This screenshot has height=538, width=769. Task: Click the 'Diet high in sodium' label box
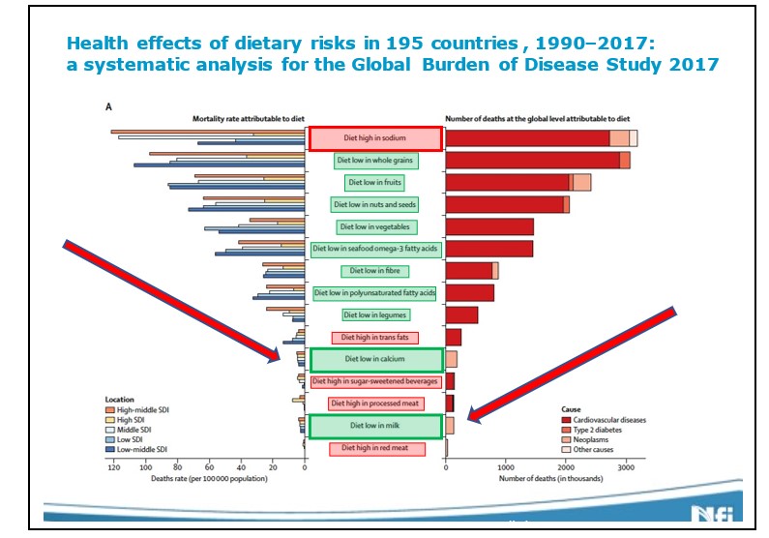pos(375,138)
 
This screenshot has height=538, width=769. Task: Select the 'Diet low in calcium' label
pos(375,360)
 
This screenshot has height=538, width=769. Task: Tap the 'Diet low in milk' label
pos(375,426)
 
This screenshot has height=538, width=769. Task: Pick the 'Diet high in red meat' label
pos(375,449)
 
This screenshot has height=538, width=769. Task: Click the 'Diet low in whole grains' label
pos(375,160)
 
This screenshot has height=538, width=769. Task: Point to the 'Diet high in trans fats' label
pos(375,337)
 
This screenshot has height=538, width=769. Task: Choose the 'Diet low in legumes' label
pos(375,314)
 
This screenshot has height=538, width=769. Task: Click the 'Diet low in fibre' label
pos(375,271)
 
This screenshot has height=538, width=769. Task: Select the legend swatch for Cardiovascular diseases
pos(567,420)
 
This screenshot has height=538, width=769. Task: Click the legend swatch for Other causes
pos(567,449)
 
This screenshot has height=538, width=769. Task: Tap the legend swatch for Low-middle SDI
pos(109,450)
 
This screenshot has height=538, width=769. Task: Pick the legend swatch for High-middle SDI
pos(109,410)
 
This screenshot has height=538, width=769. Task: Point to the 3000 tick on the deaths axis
pos(626,468)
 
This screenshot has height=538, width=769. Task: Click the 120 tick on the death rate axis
pos(114,468)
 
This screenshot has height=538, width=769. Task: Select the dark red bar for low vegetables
pos(489,226)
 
